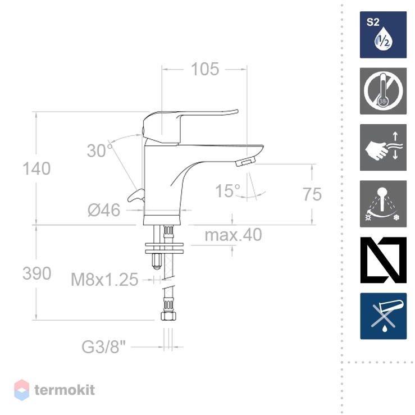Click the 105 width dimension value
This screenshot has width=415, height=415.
(205, 69)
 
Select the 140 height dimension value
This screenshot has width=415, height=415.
(37, 168)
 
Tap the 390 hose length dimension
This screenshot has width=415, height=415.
(37, 273)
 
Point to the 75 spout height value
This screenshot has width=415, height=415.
(312, 194)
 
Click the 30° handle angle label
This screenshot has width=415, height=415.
(100, 151)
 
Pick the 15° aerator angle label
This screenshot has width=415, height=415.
(227, 191)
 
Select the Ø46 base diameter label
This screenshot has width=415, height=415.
(104, 210)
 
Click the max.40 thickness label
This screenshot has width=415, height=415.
(233, 235)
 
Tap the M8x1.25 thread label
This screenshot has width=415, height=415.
(104, 280)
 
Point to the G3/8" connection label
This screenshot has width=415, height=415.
(103, 346)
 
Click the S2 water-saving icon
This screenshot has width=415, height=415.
(383, 35)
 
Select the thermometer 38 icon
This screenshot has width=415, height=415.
(383, 91)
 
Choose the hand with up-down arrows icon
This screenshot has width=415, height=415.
(383, 148)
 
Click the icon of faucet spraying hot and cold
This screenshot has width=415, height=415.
(383, 204)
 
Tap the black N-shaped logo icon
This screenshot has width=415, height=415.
(383, 260)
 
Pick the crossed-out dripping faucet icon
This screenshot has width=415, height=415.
(383, 316)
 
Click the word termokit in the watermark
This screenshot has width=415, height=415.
(65, 390)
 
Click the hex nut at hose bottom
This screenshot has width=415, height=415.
(168, 316)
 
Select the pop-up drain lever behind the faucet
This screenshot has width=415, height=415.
(136, 195)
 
